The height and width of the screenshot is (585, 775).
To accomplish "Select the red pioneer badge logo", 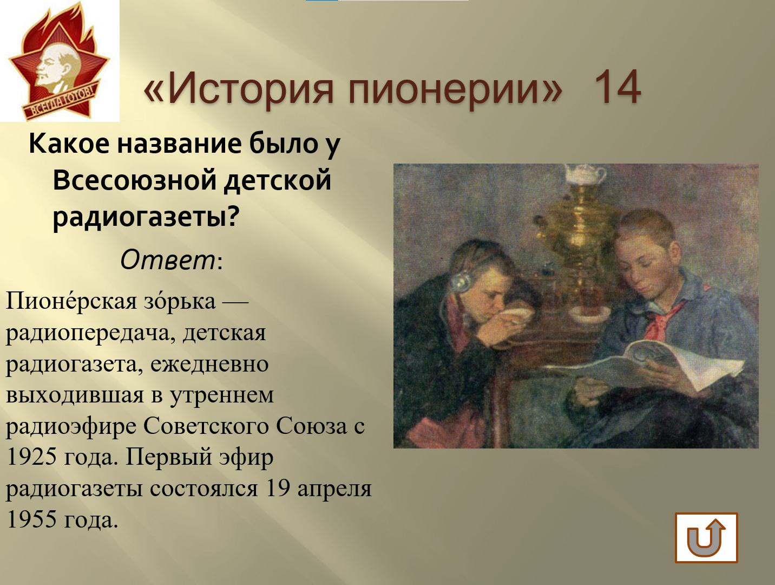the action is tap(60, 61).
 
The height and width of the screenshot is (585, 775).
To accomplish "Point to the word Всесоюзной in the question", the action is tap(137, 180).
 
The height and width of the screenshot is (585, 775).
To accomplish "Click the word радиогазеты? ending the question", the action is tap(146, 216).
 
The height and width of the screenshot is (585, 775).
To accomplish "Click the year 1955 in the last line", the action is tap(31, 519).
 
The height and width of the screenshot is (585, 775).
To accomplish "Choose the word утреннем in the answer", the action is tap(222, 395).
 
